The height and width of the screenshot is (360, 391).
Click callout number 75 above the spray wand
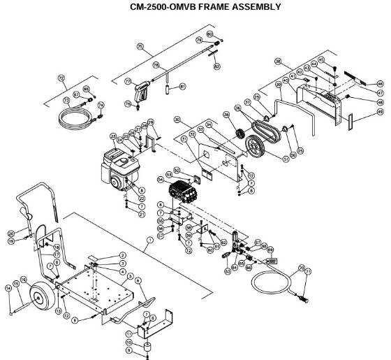coord(140,46)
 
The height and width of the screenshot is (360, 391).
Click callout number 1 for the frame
coord(148,240)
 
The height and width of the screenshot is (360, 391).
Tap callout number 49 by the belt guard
coord(380,112)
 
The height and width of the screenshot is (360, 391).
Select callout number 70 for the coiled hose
coord(301,268)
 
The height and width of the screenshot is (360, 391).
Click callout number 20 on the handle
coord(10,233)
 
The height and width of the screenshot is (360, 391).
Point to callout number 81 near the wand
coord(182,86)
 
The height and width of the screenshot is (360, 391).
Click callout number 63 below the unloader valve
coord(227,272)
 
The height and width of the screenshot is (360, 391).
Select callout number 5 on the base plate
coord(129,277)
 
